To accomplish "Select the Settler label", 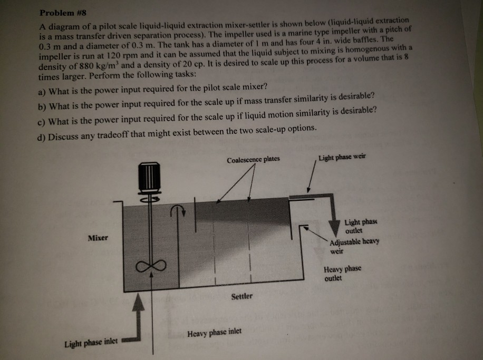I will pos(243,296).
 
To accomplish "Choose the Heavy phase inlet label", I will pos(215,333).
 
